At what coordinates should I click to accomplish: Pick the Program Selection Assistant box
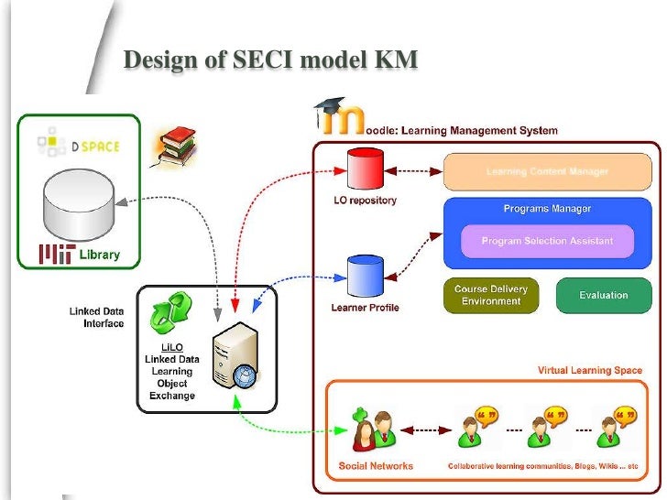coord(547,242)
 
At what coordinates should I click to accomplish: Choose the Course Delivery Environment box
coord(491,296)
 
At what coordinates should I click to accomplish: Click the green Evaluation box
coord(603,296)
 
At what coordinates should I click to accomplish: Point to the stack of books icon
coord(174,146)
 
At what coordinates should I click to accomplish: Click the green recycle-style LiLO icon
coord(169,311)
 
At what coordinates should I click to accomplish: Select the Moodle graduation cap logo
coord(336,116)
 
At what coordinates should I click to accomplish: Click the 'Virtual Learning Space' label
coord(589,370)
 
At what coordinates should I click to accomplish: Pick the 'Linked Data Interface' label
coord(96,318)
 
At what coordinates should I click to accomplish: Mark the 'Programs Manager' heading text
coord(547,209)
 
